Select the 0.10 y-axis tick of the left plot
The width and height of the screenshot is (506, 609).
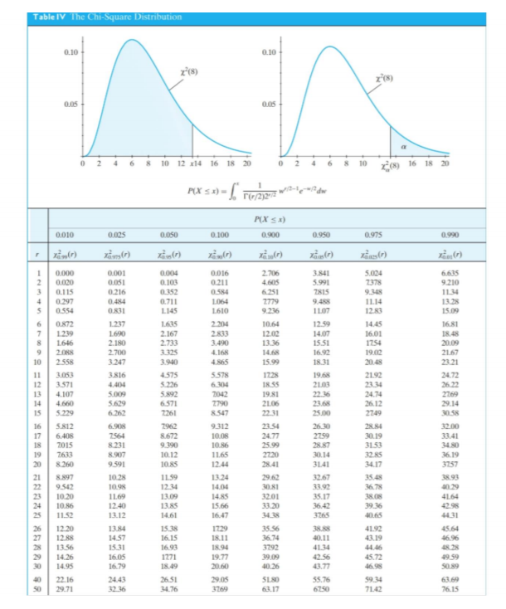[x=70, y=51]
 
